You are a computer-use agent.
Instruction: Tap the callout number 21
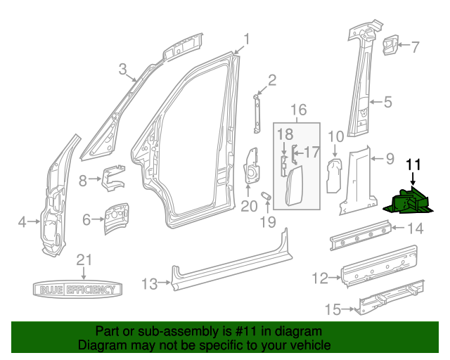84,259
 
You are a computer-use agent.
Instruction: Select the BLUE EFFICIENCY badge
78,289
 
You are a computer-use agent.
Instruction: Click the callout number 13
149,284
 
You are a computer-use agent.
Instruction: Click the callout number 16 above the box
299,110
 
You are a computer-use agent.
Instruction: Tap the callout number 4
22,222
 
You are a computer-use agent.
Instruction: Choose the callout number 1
247,38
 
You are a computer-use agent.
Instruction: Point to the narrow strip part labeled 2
257,111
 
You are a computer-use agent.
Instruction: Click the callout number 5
387,102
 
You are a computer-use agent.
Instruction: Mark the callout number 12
320,279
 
